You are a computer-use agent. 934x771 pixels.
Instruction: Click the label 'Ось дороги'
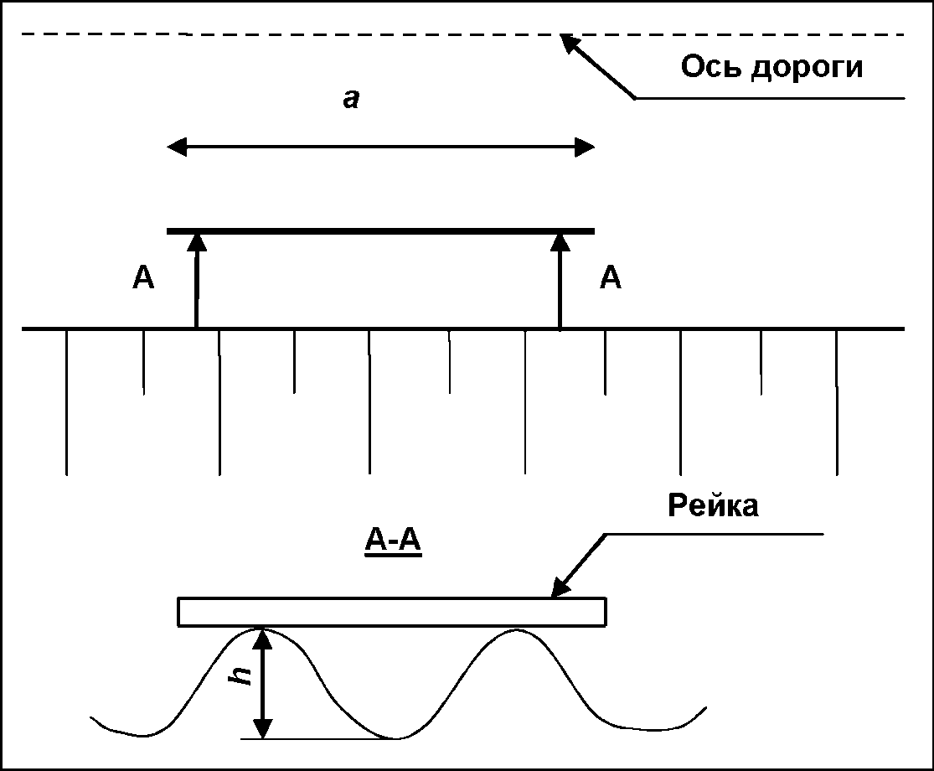[x=771, y=66]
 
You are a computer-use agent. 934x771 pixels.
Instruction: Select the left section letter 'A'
[x=143, y=277]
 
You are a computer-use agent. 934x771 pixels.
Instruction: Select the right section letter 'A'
[x=611, y=277]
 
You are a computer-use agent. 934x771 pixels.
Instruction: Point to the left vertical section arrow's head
[x=197, y=241]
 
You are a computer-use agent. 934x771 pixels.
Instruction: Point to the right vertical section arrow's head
[x=560, y=241]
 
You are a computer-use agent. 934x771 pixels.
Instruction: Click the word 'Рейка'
[x=713, y=505]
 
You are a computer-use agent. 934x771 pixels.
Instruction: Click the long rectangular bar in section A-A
[x=392, y=612]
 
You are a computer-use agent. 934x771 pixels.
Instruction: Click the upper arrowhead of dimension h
[x=264, y=638]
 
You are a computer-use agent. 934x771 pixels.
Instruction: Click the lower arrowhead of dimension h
[x=264, y=729]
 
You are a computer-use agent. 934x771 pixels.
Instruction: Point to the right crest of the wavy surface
[x=517, y=629]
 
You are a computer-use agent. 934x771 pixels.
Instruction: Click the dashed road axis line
[x=335, y=34]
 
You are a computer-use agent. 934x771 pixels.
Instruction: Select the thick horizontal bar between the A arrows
[x=381, y=230]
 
